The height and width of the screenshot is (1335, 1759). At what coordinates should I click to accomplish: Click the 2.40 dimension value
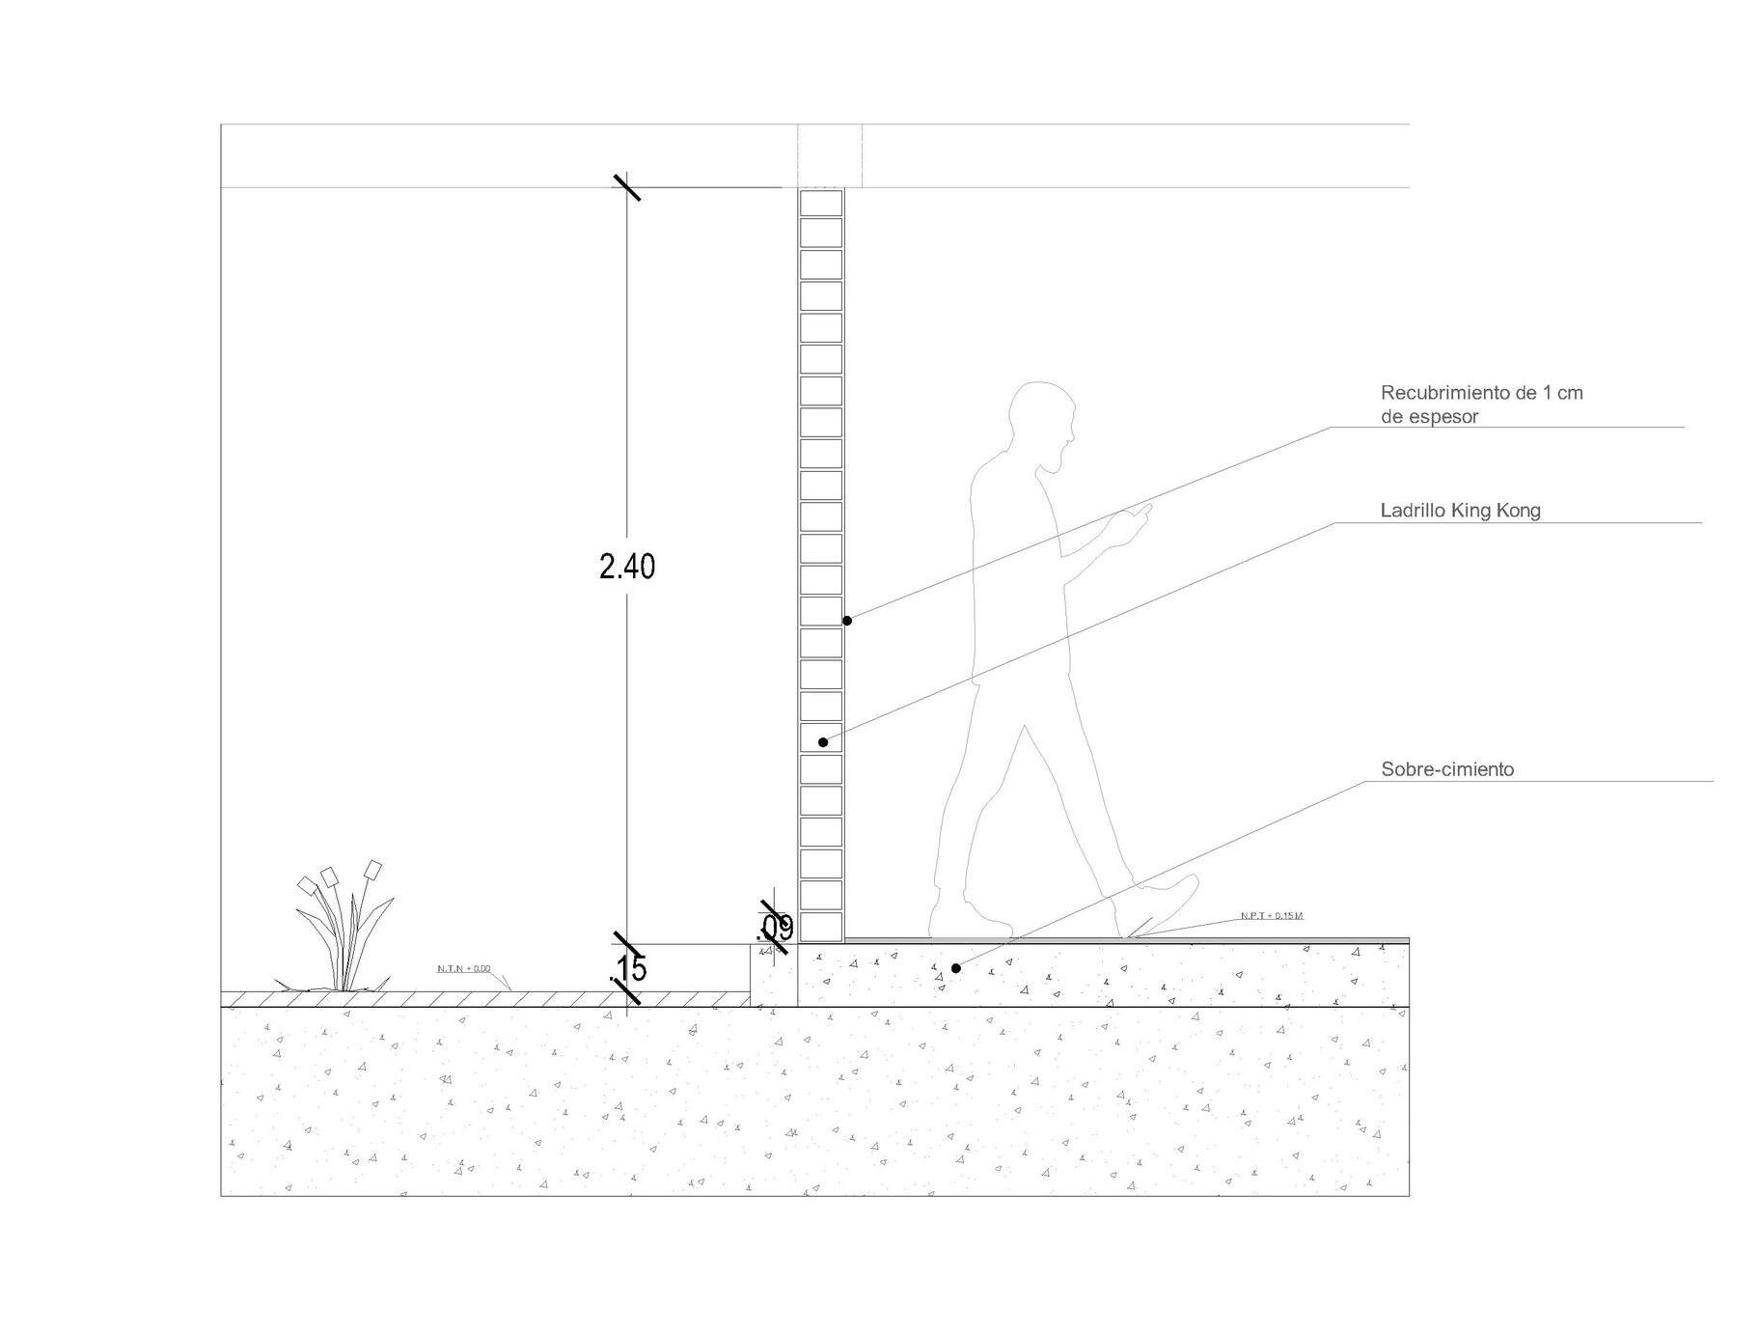pyautogui.click(x=626, y=566)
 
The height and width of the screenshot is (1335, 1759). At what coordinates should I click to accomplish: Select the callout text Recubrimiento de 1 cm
pyautogui.click(x=1481, y=393)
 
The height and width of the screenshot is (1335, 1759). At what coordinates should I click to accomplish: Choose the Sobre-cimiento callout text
pyautogui.click(x=1447, y=769)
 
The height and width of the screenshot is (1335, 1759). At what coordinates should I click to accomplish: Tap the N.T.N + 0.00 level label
pyautogui.click(x=463, y=968)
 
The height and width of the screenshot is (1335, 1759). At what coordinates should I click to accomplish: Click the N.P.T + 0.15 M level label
pyautogui.click(x=1272, y=915)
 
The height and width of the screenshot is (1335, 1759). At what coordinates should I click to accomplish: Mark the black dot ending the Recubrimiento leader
pyautogui.click(x=847, y=621)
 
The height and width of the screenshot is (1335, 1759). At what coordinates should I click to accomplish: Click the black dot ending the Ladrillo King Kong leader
pyautogui.click(x=823, y=742)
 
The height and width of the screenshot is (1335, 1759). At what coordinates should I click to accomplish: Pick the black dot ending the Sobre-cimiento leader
pyautogui.click(x=956, y=968)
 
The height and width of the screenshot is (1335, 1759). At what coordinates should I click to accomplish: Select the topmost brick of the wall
pyautogui.click(x=821, y=202)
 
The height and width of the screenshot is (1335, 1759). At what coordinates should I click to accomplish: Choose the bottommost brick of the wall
pyautogui.click(x=821, y=928)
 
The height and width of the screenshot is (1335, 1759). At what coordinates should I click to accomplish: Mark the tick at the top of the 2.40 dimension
pyautogui.click(x=627, y=186)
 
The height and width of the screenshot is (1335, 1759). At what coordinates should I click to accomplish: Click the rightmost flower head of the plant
pyautogui.click(x=373, y=870)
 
